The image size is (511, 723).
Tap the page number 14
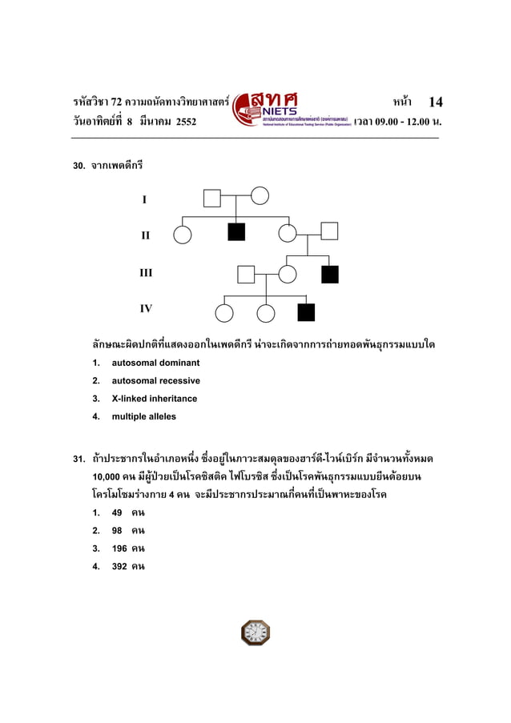[436, 102]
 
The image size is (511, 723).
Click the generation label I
[144, 199]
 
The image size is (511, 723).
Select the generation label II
[145, 236]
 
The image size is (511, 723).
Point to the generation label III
[146, 273]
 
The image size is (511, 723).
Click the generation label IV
[146, 307]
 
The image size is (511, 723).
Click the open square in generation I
[211, 198]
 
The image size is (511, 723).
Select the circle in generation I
[260, 196]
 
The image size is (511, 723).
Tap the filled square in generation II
[236, 232]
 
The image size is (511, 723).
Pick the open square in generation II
[329, 231]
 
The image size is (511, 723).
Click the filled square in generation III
[330, 275]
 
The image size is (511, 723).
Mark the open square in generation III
[246, 275]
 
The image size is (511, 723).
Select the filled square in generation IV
[306, 312]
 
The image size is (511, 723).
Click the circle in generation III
[288, 274]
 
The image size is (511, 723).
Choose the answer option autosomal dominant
[155, 363]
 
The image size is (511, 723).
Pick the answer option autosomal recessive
[155, 380]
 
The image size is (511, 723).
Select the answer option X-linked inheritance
[154, 399]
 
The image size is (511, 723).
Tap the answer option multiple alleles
[143, 416]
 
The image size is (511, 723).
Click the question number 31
[79, 460]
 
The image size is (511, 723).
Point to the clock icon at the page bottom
[255, 633]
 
